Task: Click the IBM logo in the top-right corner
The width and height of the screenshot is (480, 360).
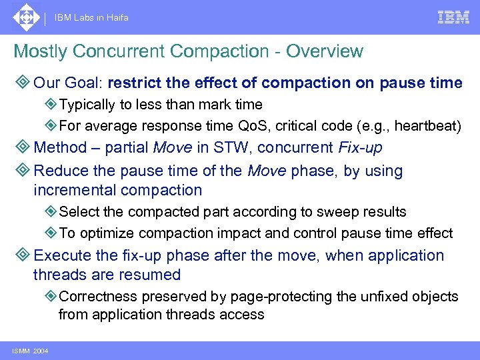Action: tap(453, 17)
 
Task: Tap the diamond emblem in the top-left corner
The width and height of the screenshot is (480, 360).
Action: tap(25, 17)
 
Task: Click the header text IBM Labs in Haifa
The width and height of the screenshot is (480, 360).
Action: tap(92, 18)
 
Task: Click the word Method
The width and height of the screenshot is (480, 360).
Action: tap(60, 147)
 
